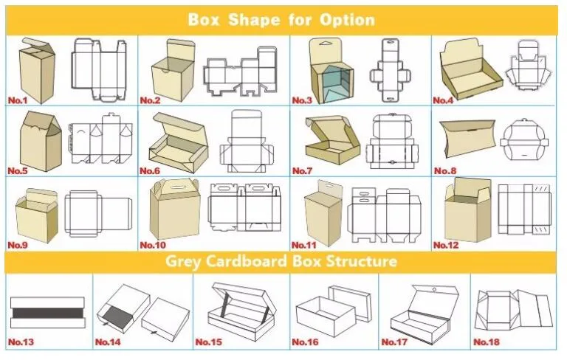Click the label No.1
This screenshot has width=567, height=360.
click(x=18, y=100)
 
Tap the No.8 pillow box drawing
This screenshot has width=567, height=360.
click(x=467, y=139)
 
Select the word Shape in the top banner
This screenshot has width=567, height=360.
click(x=254, y=19)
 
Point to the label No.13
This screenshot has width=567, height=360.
click(x=21, y=342)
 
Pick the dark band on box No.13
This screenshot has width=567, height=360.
click(x=47, y=313)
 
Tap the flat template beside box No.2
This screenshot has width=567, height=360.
click(x=240, y=72)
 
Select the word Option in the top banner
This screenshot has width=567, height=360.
click(x=347, y=20)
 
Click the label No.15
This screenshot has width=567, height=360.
click(x=209, y=342)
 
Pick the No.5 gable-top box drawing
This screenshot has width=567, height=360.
click(x=41, y=142)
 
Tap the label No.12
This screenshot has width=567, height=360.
click(x=445, y=245)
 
